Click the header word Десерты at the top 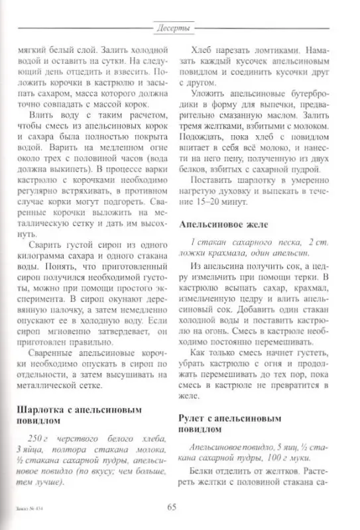[176, 28]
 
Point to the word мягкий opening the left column [30, 50]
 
